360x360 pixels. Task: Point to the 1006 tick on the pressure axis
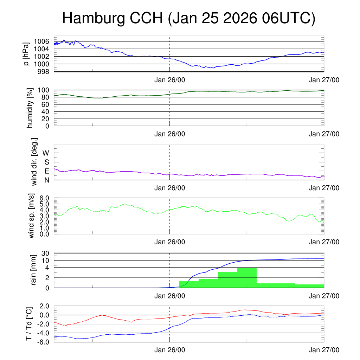click(43, 41)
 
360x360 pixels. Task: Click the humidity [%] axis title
click(30, 108)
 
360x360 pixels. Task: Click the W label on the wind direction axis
click(46, 153)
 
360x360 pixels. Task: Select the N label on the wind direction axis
click(46, 180)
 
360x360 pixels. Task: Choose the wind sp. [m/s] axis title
click(32, 216)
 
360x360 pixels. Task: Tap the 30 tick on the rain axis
click(46, 253)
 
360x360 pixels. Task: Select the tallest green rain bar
click(247, 278)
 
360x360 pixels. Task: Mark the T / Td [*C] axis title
click(30, 324)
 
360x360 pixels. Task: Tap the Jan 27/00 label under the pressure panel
click(324, 80)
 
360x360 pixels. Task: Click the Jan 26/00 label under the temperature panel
click(170, 351)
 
